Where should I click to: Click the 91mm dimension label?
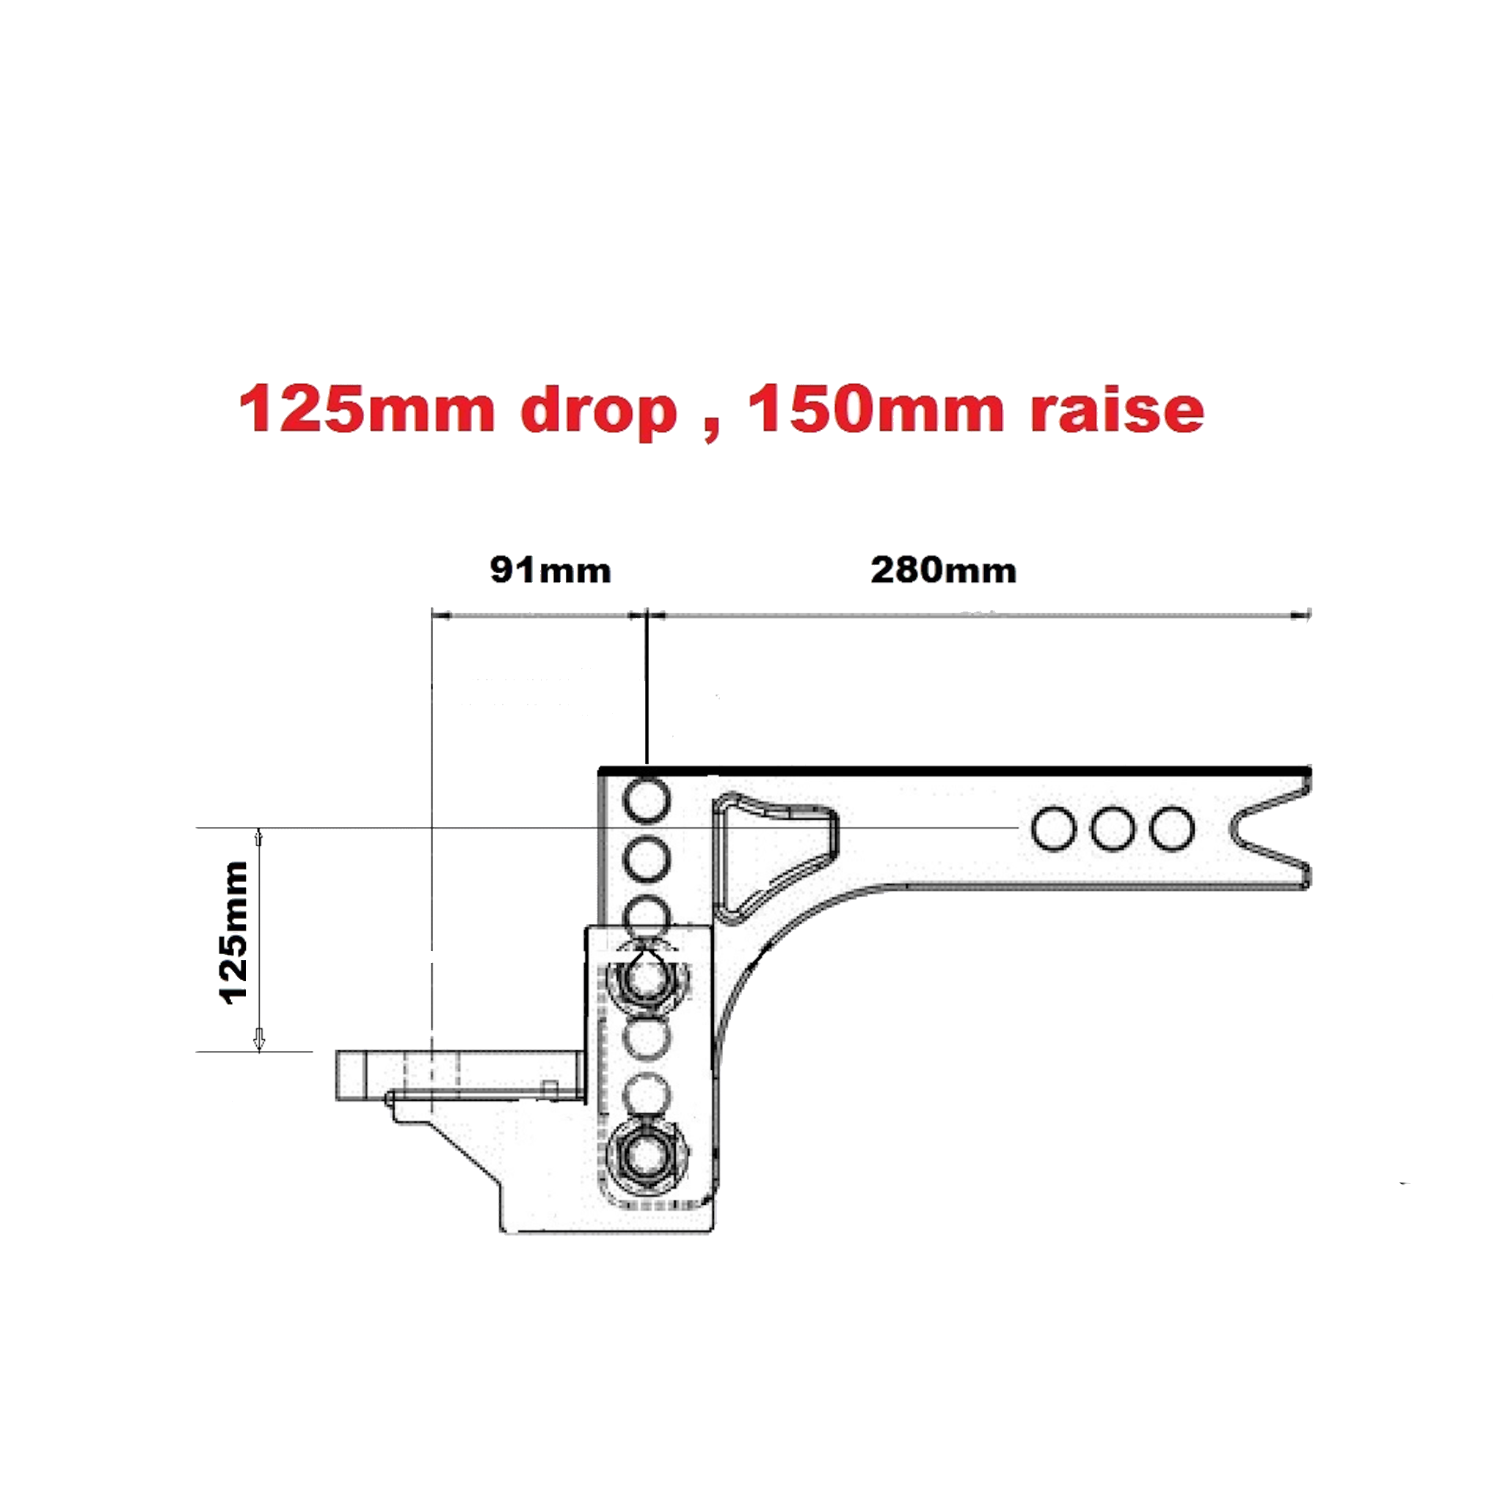point(550,571)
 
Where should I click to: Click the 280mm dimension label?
point(943,571)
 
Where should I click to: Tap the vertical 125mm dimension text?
point(234,932)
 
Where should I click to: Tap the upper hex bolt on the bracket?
point(645,981)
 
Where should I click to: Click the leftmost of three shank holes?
point(1054,829)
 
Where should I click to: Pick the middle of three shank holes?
point(1113,829)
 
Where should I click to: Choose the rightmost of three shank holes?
point(1171,829)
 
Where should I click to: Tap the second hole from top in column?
point(647,859)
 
